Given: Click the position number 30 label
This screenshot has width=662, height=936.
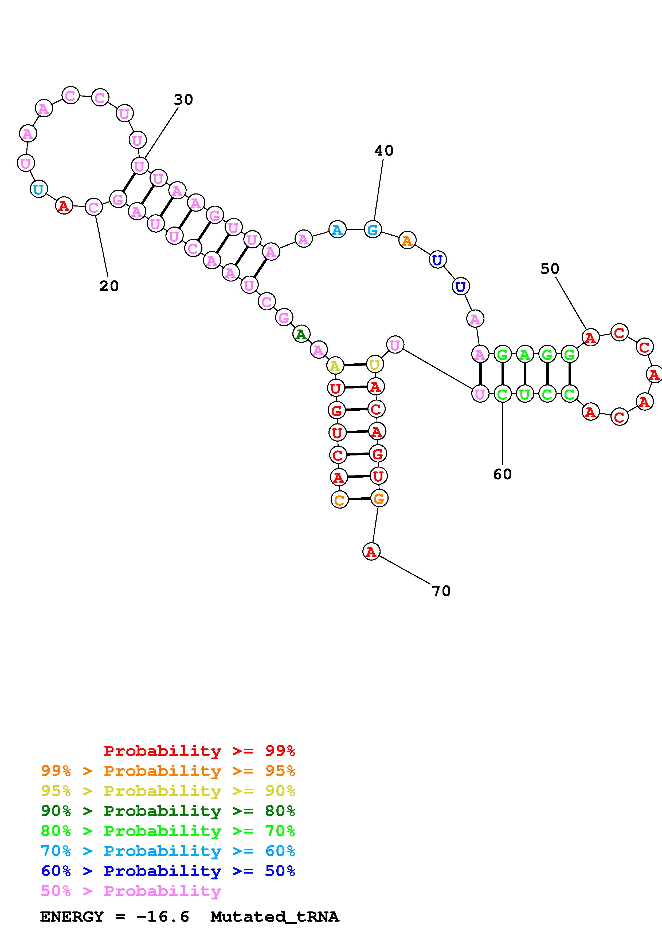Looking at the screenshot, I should tap(183, 100).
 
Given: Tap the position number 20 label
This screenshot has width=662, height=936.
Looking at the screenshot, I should tap(109, 286).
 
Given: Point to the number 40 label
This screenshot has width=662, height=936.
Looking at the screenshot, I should tap(384, 151).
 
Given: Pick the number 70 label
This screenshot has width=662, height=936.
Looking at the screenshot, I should tap(441, 591).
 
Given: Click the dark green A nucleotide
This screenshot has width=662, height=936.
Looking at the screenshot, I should tap(301, 334).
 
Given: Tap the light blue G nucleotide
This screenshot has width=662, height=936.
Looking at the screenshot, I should tap(373, 230).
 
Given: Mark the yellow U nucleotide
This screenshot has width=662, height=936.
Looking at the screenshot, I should tap(374, 364).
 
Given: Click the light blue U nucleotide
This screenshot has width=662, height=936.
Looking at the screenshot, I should tap(38, 189).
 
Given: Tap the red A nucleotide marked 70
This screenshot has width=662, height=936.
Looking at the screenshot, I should tap(371, 552).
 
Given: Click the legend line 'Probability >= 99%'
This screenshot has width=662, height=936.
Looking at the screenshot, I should tap(199, 751).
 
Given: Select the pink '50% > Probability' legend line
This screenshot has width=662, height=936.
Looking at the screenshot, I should tap(131, 891).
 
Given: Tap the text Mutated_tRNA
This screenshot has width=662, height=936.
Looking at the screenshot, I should tap(275, 917).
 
